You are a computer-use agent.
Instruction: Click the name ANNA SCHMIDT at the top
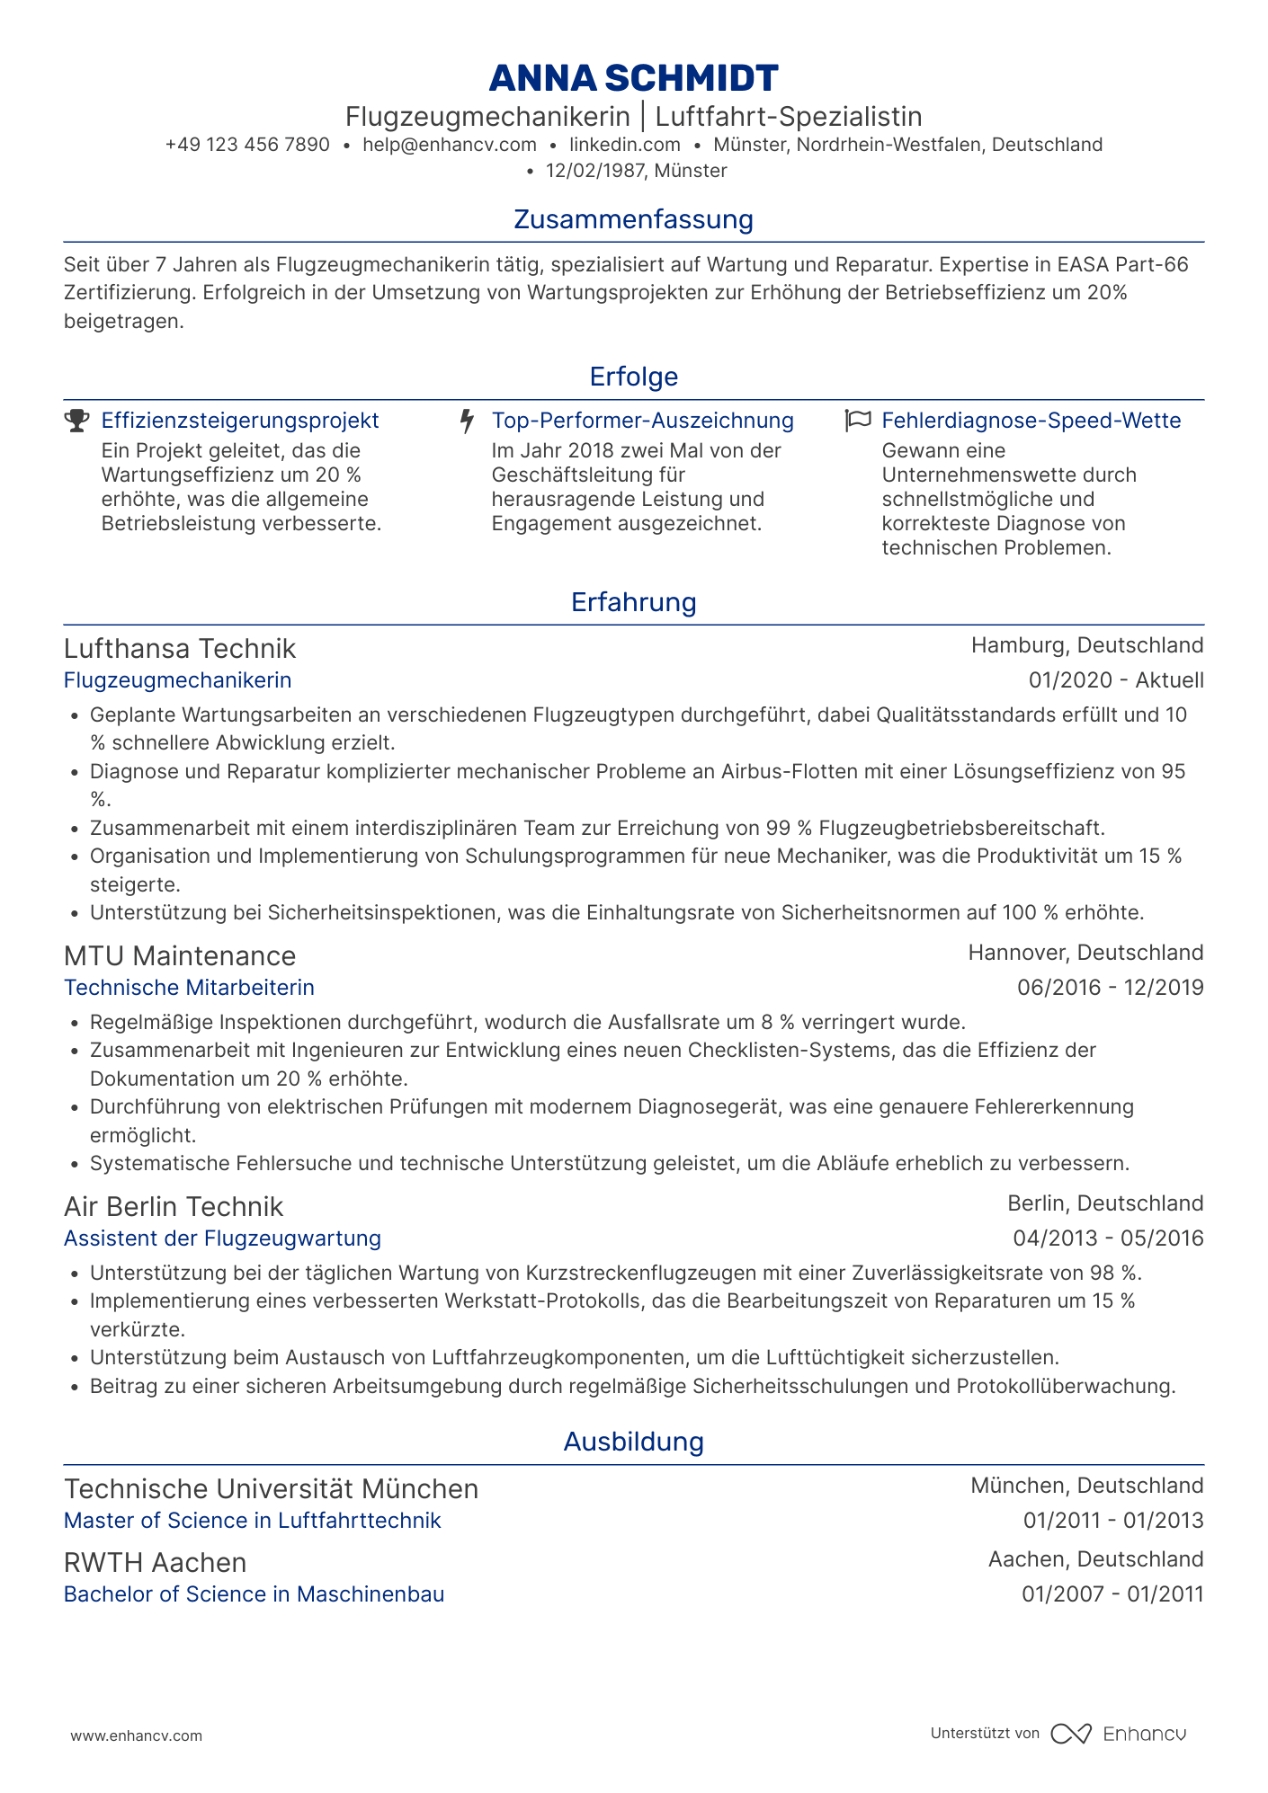pyautogui.click(x=633, y=79)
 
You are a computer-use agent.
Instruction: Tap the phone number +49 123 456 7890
pyautogui.click(x=247, y=145)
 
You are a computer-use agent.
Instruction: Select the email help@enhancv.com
pyautogui.click(x=450, y=145)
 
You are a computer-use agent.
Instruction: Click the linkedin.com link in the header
pyautogui.click(x=625, y=145)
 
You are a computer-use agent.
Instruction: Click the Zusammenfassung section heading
pyautogui.click(x=633, y=219)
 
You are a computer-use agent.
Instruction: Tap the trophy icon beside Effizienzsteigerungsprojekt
pyautogui.click(x=77, y=421)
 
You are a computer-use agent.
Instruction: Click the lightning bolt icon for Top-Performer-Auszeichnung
pyautogui.click(x=467, y=421)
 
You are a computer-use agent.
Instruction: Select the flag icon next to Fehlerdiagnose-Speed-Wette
pyautogui.click(x=858, y=421)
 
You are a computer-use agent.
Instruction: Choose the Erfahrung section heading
pyautogui.click(x=633, y=602)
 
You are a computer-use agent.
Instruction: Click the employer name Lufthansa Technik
pyautogui.click(x=180, y=649)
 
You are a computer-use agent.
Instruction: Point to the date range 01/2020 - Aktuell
pyautogui.click(x=1116, y=680)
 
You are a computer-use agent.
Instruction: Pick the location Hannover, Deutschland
pyautogui.click(x=1085, y=953)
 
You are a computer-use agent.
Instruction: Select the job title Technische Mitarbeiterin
pyautogui.click(x=189, y=988)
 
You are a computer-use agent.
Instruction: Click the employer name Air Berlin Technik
pyautogui.click(x=174, y=1207)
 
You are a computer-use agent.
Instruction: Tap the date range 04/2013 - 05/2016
pyautogui.click(x=1108, y=1238)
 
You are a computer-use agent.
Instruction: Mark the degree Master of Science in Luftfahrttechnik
pyautogui.click(x=252, y=1521)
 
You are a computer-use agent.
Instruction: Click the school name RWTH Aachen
pyautogui.click(x=155, y=1563)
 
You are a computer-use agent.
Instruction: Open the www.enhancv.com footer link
pyautogui.click(x=137, y=1736)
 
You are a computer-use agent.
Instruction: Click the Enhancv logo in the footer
pyautogui.click(x=1119, y=1734)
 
